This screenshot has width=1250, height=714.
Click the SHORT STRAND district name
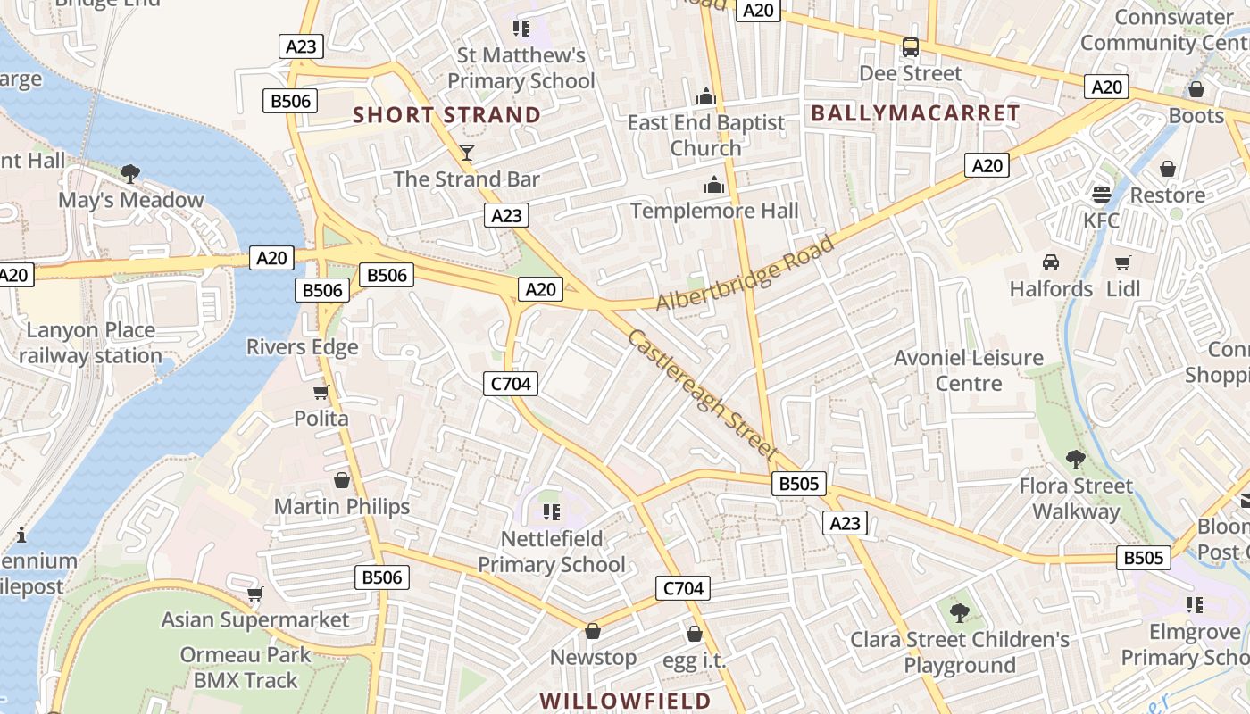coord(446,115)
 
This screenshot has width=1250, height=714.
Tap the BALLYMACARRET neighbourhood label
coord(915,113)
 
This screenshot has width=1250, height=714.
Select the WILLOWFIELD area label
coord(625,701)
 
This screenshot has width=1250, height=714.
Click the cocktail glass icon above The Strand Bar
coord(466,152)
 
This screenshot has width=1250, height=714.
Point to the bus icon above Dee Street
coord(910,47)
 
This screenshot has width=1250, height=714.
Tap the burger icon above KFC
coord(1102,194)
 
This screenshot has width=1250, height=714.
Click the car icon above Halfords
coord(1051,262)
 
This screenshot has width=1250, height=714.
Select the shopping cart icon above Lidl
coord(1123,262)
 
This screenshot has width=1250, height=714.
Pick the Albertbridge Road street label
coord(746,273)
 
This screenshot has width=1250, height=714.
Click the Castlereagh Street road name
coord(703,395)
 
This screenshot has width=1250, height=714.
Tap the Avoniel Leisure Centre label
coord(969,370)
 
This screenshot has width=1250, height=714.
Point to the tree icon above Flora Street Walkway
coord(1075,460)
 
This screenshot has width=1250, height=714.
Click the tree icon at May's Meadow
coord(130,173)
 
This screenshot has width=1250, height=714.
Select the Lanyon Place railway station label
coord(89,343)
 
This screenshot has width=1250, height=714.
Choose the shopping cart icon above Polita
coord(321,392)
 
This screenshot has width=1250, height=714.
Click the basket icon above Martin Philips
coord(341,480)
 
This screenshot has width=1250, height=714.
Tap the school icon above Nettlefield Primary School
coord(551,512)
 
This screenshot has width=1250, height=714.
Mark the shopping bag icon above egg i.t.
coord(695,634)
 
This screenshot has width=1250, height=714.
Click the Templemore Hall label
coord(714,211)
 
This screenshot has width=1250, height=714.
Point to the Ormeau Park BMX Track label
coord(246,667)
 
